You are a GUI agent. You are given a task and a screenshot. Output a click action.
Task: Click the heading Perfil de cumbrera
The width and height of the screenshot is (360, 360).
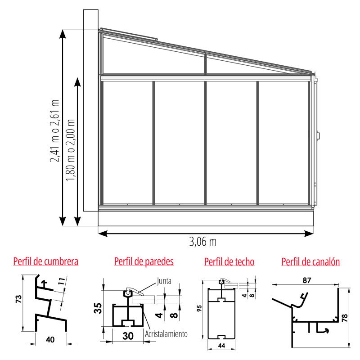[x=46, y=261]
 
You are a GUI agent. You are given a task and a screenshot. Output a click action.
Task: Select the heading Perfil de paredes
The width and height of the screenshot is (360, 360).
[x=144, y=261]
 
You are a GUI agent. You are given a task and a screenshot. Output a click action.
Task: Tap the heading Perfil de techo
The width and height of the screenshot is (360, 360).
[x=229, y=262]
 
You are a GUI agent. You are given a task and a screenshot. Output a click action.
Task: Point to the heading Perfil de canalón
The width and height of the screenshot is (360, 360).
[x=310, y=262]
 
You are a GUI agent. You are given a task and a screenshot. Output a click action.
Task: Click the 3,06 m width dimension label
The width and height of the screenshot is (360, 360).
[x=203, y=242]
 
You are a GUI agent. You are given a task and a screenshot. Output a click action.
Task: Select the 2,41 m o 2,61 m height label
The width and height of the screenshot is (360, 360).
[x=54, y=131]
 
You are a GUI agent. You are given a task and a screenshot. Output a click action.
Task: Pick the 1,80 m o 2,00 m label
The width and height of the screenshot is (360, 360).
[x=70, y=150]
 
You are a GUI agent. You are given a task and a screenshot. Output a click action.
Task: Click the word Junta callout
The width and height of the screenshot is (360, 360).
[x=164, y=281]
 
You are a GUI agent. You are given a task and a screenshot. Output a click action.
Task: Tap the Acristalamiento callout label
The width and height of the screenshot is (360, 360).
[x=166, y=334]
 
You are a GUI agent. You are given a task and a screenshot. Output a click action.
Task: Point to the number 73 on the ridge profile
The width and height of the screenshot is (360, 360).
[x=18, y=299]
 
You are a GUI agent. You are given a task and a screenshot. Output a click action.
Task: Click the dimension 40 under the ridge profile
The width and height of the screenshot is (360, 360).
[x=50, y=340]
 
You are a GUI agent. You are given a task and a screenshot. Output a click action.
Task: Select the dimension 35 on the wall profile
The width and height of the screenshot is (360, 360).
[x=98, y=308]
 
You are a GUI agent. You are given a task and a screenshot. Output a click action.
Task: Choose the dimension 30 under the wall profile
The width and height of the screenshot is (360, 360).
[x=128, y=336]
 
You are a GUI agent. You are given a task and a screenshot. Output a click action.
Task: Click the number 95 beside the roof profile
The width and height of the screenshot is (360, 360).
[x=199, y=308]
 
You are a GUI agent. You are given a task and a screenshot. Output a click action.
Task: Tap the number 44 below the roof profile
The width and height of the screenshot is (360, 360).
[x=221, y=346]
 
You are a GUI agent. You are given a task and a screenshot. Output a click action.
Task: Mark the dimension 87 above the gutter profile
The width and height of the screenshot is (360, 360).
[x=307, y=280]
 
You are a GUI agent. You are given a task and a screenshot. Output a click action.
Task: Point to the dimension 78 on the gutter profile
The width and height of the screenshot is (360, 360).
[x=345, y=318]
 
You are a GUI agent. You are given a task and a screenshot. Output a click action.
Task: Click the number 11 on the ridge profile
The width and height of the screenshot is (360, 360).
[x=62, y=282]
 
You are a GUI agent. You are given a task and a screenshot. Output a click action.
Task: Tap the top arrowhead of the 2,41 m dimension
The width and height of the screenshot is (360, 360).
[x=63, y=34]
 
